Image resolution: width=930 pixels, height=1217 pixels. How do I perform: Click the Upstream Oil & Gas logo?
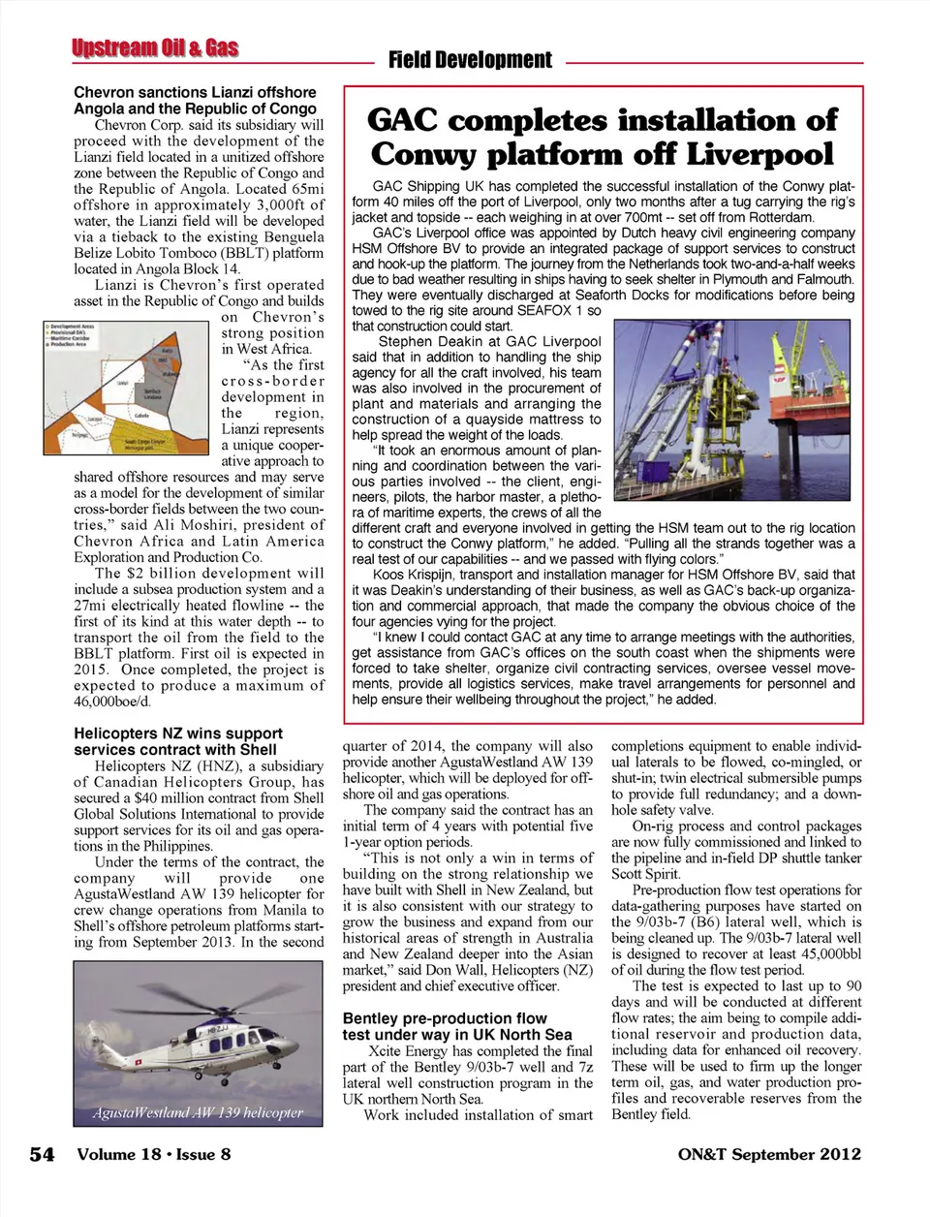155,48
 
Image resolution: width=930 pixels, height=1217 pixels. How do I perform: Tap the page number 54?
42,1154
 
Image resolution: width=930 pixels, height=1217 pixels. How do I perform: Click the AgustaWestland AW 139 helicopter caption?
198,1112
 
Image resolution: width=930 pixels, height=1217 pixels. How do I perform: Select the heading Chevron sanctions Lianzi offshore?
195,92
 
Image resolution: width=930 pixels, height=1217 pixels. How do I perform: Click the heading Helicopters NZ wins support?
178,733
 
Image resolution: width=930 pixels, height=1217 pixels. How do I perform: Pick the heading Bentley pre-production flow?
445,1018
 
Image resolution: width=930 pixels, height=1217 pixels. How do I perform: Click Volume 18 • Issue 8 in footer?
154,1154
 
